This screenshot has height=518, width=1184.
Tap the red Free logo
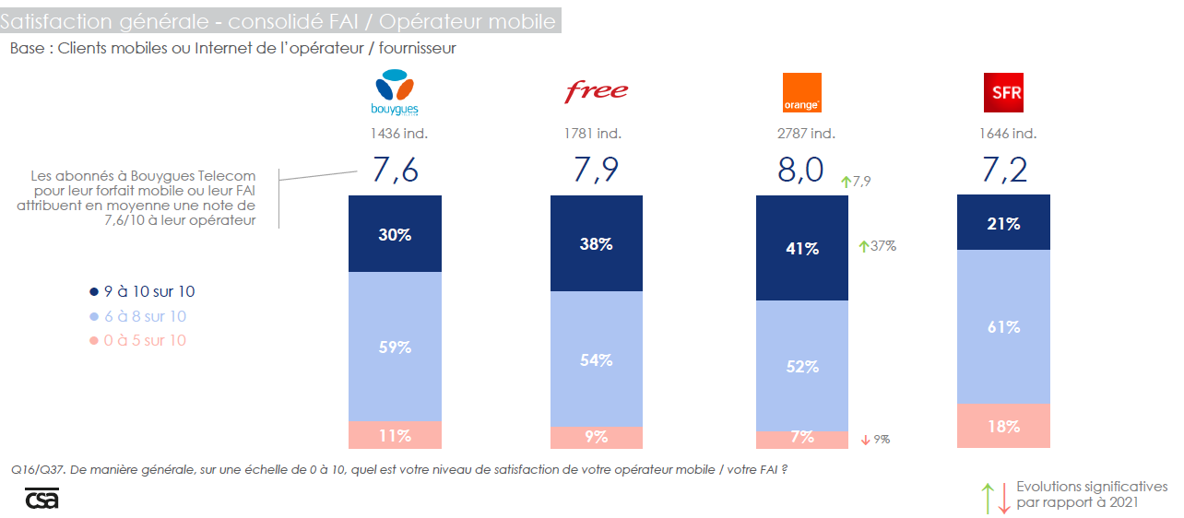(x=596, y=90)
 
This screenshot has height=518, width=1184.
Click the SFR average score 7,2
(x=1003, y=171)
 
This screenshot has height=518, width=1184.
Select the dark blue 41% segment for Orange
(x=801, y=248)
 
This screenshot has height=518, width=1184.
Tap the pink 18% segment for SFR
(x=1003, y=426)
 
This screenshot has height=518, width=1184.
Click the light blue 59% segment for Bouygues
(x=395, y=347)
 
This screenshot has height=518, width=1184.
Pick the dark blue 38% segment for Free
(x=597, y=243)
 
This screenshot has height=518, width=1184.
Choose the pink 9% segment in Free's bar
(x=597, y=437)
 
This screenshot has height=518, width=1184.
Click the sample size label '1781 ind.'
(x=595, y=133)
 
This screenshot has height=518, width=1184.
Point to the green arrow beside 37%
(x=863, y=246)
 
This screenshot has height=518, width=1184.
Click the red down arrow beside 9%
(x=865, y=440)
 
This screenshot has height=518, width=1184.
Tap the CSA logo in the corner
(x=41, y=498)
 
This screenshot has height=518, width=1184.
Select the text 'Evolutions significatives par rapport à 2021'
(x=1091, y=494)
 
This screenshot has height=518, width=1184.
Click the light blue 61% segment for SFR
(x=1003, y=327)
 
